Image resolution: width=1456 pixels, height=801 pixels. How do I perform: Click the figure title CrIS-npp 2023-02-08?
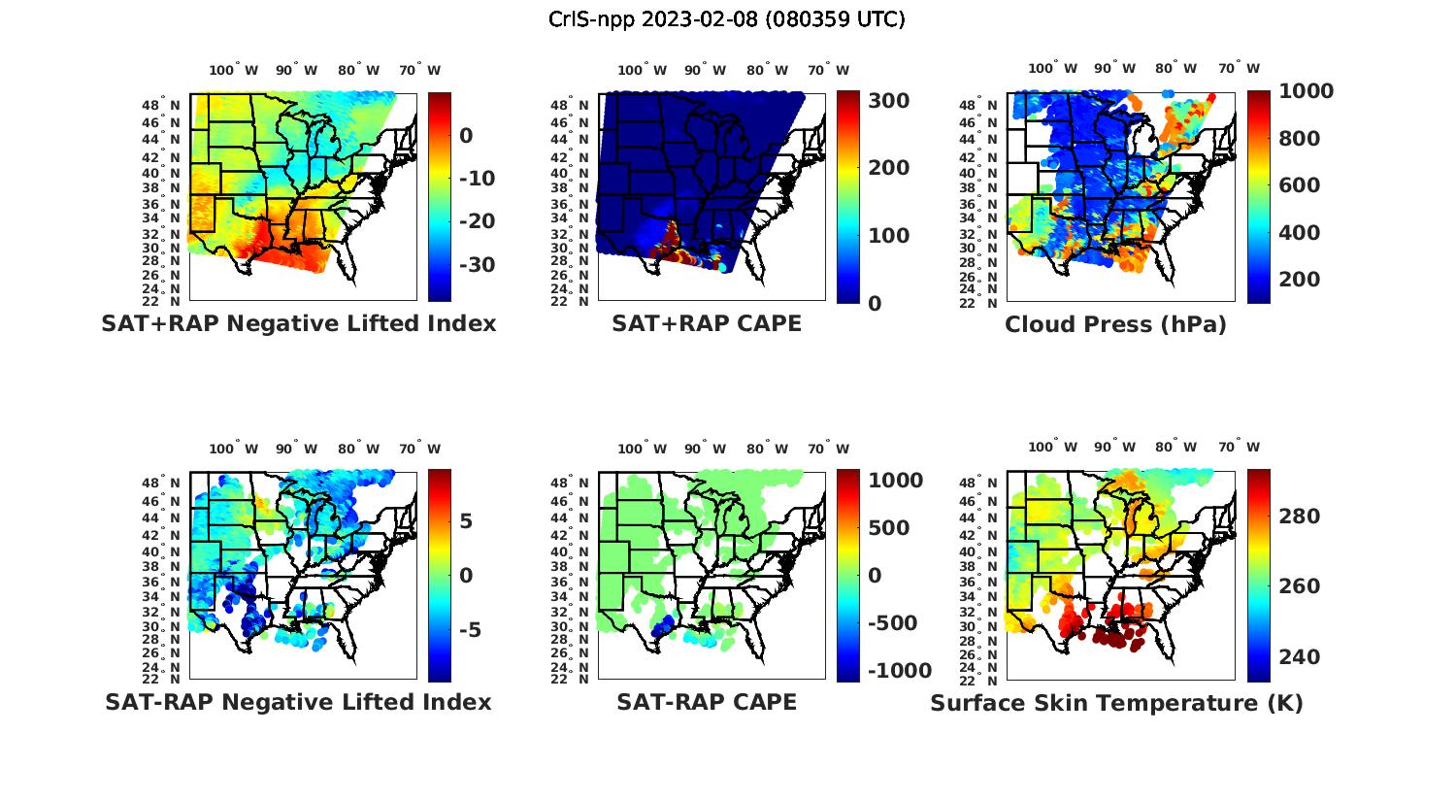point(727,19)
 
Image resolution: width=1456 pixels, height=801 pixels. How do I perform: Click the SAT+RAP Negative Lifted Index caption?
point(298,323)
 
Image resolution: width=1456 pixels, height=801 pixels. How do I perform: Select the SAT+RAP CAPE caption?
point(707,323)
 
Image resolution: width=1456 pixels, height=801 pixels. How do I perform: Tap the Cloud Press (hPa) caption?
point(1115,324)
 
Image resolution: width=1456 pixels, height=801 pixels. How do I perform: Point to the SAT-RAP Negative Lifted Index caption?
point(298,702)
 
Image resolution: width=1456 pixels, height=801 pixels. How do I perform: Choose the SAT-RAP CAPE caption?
point(707,702)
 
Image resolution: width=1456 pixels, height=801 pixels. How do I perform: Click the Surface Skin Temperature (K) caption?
point(1116,703)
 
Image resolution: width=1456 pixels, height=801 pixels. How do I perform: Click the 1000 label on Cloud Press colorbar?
point(1306,91)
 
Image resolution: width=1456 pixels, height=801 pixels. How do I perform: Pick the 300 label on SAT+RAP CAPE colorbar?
point(889,101)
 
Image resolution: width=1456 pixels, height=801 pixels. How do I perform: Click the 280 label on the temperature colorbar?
point(1300,517)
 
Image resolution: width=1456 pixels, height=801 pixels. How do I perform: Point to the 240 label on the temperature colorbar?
point(1300,657)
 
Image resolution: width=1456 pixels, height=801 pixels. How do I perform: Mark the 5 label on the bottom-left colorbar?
point(466,521)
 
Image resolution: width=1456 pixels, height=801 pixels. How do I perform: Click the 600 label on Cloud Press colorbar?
point(1300,185)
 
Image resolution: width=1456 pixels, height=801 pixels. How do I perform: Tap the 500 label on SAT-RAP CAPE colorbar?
point(889,528)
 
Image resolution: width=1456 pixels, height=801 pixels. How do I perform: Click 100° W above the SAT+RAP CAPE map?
point(643,70)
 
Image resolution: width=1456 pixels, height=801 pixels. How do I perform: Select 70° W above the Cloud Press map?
point(1240,68)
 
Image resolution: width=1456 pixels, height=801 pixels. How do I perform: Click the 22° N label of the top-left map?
point(161,301)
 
